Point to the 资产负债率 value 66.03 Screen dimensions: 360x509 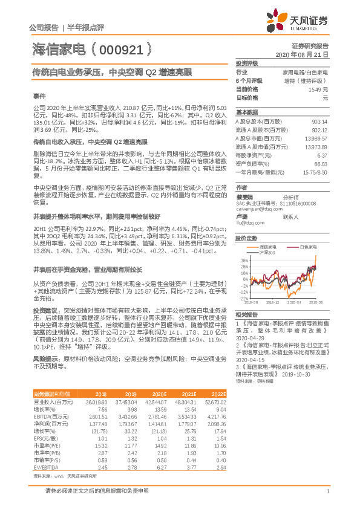(321, 164)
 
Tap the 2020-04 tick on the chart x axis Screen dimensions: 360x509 (294, 302)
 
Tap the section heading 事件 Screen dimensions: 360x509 (39, 96)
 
